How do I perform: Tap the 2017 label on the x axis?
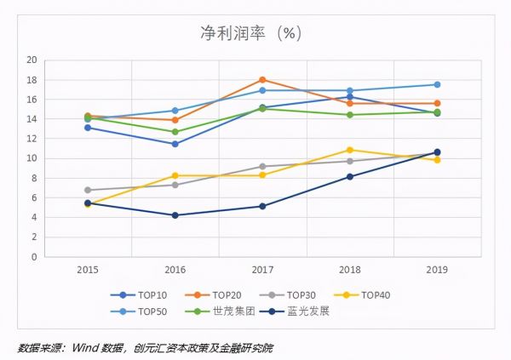coord(262,270)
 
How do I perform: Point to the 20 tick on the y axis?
coord(32,60)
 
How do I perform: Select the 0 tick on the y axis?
coord(34,256)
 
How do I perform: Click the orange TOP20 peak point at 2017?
coord(262,80)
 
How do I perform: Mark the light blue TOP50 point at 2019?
coord(437,84)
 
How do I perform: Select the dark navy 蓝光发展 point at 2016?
coord(175,215)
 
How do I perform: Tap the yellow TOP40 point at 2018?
coord(350,150)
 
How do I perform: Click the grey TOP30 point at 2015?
coord(88,190)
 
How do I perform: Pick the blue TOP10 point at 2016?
coord(175,144)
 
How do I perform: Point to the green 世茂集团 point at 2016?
coord(175,132)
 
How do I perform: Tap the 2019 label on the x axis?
coord(437,270)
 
